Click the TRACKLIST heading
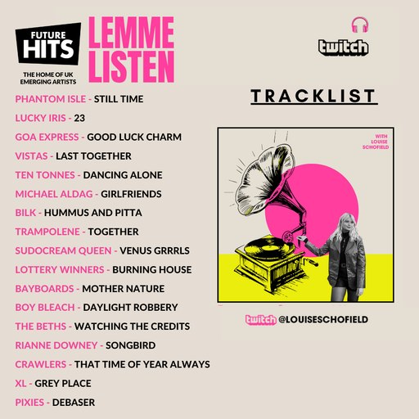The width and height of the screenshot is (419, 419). pyautogui.click(x=313, y=97)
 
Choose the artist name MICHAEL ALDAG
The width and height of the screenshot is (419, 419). pyautogui.click(x=53, y=194)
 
